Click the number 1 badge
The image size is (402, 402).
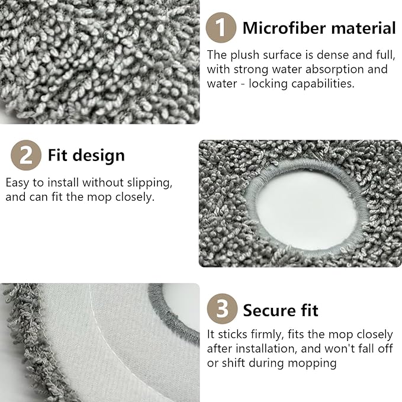(x=221, y=28)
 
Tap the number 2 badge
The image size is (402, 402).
(x=26, y=155)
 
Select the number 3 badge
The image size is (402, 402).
(x=222, y=308)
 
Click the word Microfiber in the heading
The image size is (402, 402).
(x=284, y=28)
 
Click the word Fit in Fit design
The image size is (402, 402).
(x=57, y=155)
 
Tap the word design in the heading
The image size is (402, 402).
(x=99, y=156)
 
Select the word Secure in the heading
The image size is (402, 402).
(x=269, y=310)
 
